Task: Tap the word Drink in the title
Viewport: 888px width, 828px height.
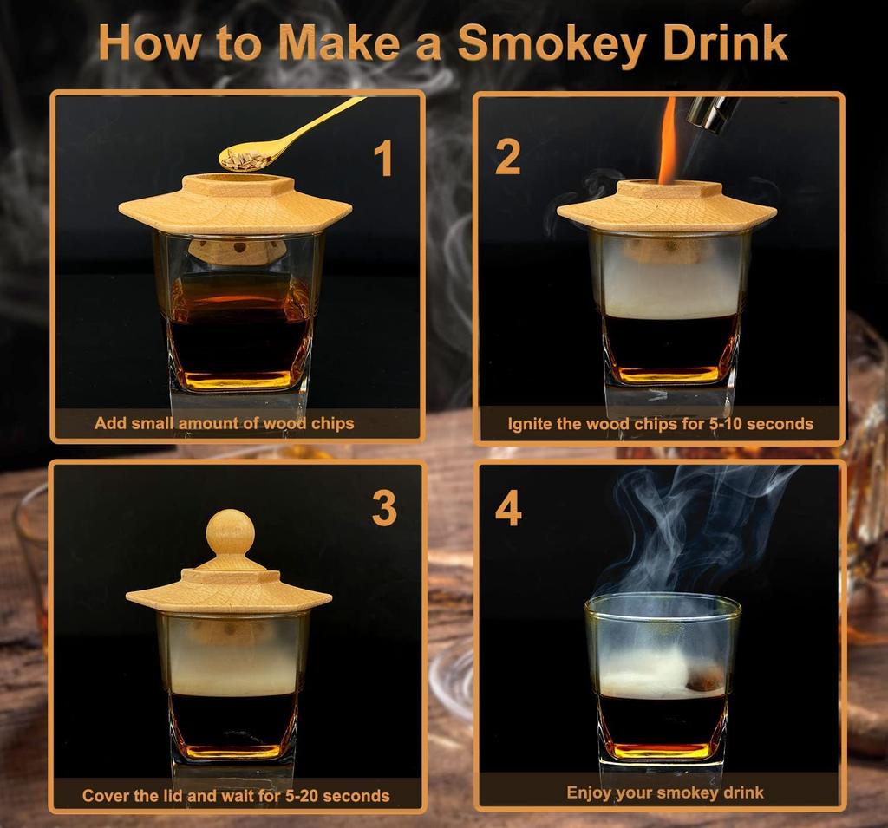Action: pos(719,42)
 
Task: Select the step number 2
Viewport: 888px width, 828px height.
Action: pos(507,157)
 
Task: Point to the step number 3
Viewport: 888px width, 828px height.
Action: pos(384,509)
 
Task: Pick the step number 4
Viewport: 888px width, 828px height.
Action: pos(508,509)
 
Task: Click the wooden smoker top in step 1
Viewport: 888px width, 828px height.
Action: pos(235,204)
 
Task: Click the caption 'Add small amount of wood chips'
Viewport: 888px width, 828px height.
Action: pos(224,424)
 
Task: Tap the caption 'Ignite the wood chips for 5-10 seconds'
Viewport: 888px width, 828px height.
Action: pos(660,424)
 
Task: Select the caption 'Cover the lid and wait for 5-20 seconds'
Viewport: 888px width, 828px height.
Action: pos(236,795)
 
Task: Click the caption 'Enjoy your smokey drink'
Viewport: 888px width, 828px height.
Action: pos(664,792)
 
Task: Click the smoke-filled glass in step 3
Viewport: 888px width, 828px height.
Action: pos(232,685)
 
